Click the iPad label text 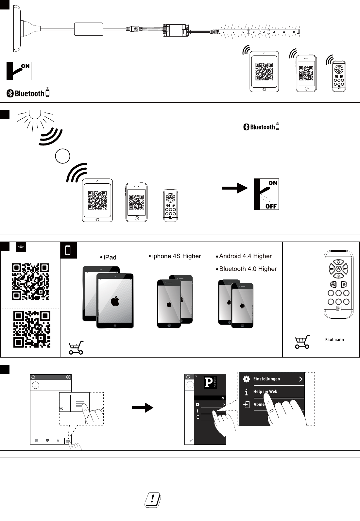point(110,257)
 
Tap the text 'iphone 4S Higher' point(177,256)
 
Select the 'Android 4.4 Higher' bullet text point(245,256)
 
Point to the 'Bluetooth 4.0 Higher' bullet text point(248,269)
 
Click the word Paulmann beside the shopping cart point(334,340)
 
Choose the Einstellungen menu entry point(266,379)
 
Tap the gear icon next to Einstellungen point(247,379)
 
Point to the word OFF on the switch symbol point(271,206)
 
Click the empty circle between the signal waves point(62,156)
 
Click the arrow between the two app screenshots point(142,408)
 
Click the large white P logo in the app point(208,382)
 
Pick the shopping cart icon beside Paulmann point(302,342)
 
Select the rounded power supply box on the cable point(89,29)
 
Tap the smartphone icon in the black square point(68,250)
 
